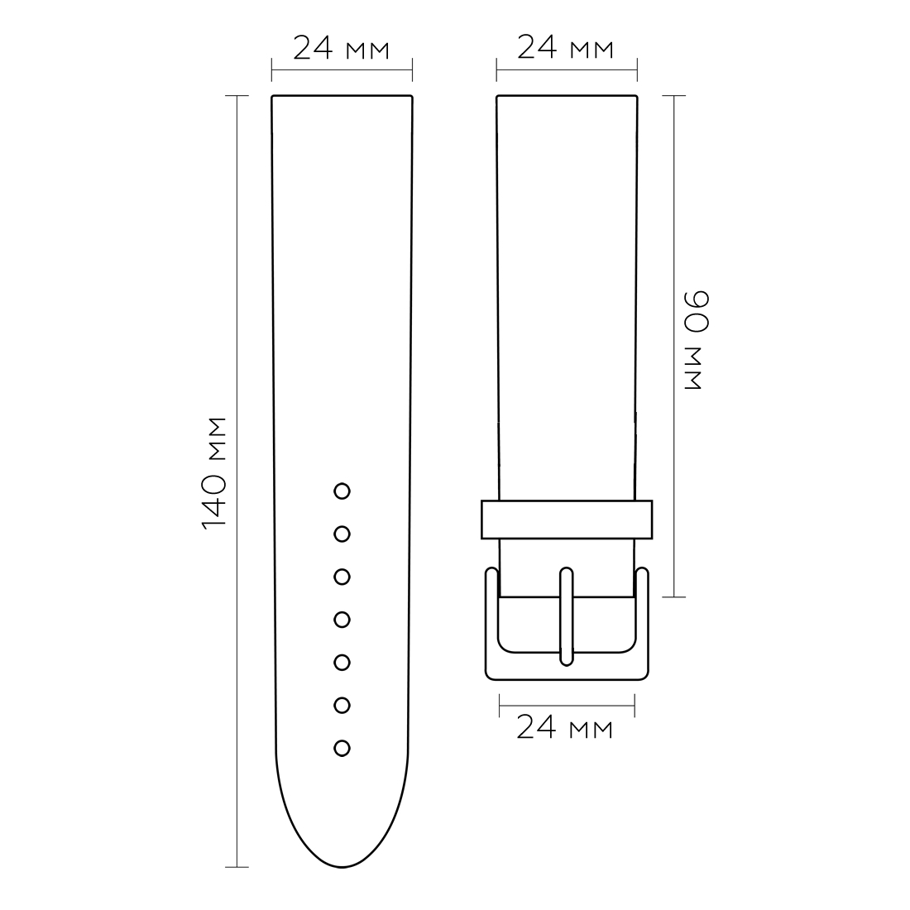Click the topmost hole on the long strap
pos(342,491)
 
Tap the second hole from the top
pos(342,534)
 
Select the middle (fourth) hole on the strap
pos(342,620)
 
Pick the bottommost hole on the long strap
pos(342,749)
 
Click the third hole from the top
pos(342,577)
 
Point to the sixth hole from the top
pos(342,706)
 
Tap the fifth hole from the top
pos(342,663)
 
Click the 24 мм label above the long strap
pos(341,48)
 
